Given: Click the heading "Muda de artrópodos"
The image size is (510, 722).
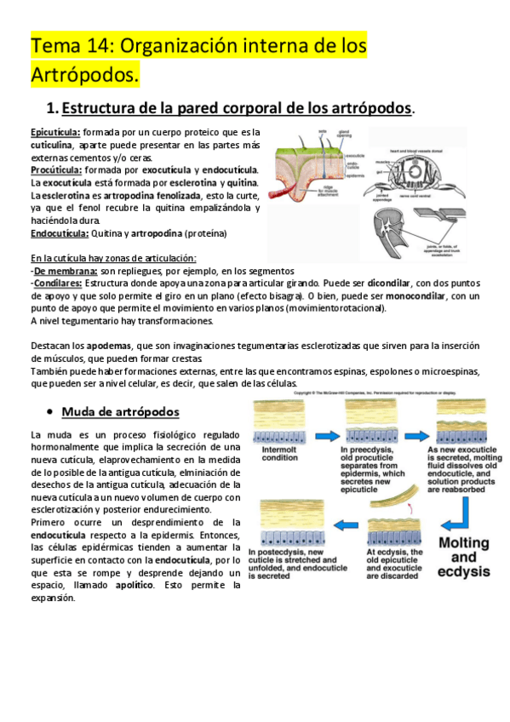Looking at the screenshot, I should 120,412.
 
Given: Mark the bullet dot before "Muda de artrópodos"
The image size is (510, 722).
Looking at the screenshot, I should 51,413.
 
